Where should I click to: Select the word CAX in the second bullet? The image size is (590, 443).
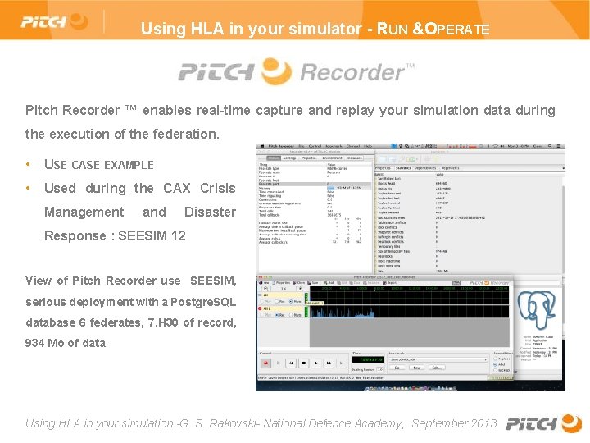176,188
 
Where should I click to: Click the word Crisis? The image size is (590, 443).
218,188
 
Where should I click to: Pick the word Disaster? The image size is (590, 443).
210,212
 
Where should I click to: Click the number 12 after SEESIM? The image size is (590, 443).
177,235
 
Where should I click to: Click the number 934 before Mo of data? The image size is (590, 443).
35,343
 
